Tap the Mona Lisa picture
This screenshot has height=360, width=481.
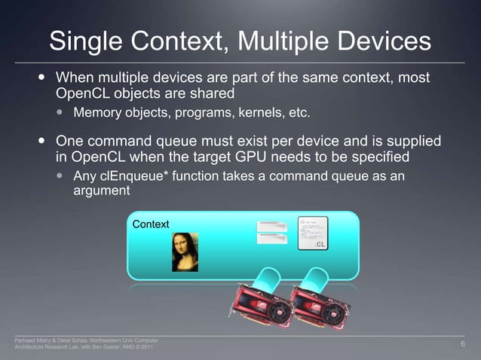pos(185,252)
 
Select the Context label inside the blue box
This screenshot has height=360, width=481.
pos(151,224)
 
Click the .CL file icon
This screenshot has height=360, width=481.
pos(314,234)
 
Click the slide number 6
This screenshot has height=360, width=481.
pos(462,344)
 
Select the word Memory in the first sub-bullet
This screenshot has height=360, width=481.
pos(97,114)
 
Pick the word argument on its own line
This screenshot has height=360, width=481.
pos(102,192)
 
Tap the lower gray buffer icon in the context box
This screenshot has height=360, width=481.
pos(272,239)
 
